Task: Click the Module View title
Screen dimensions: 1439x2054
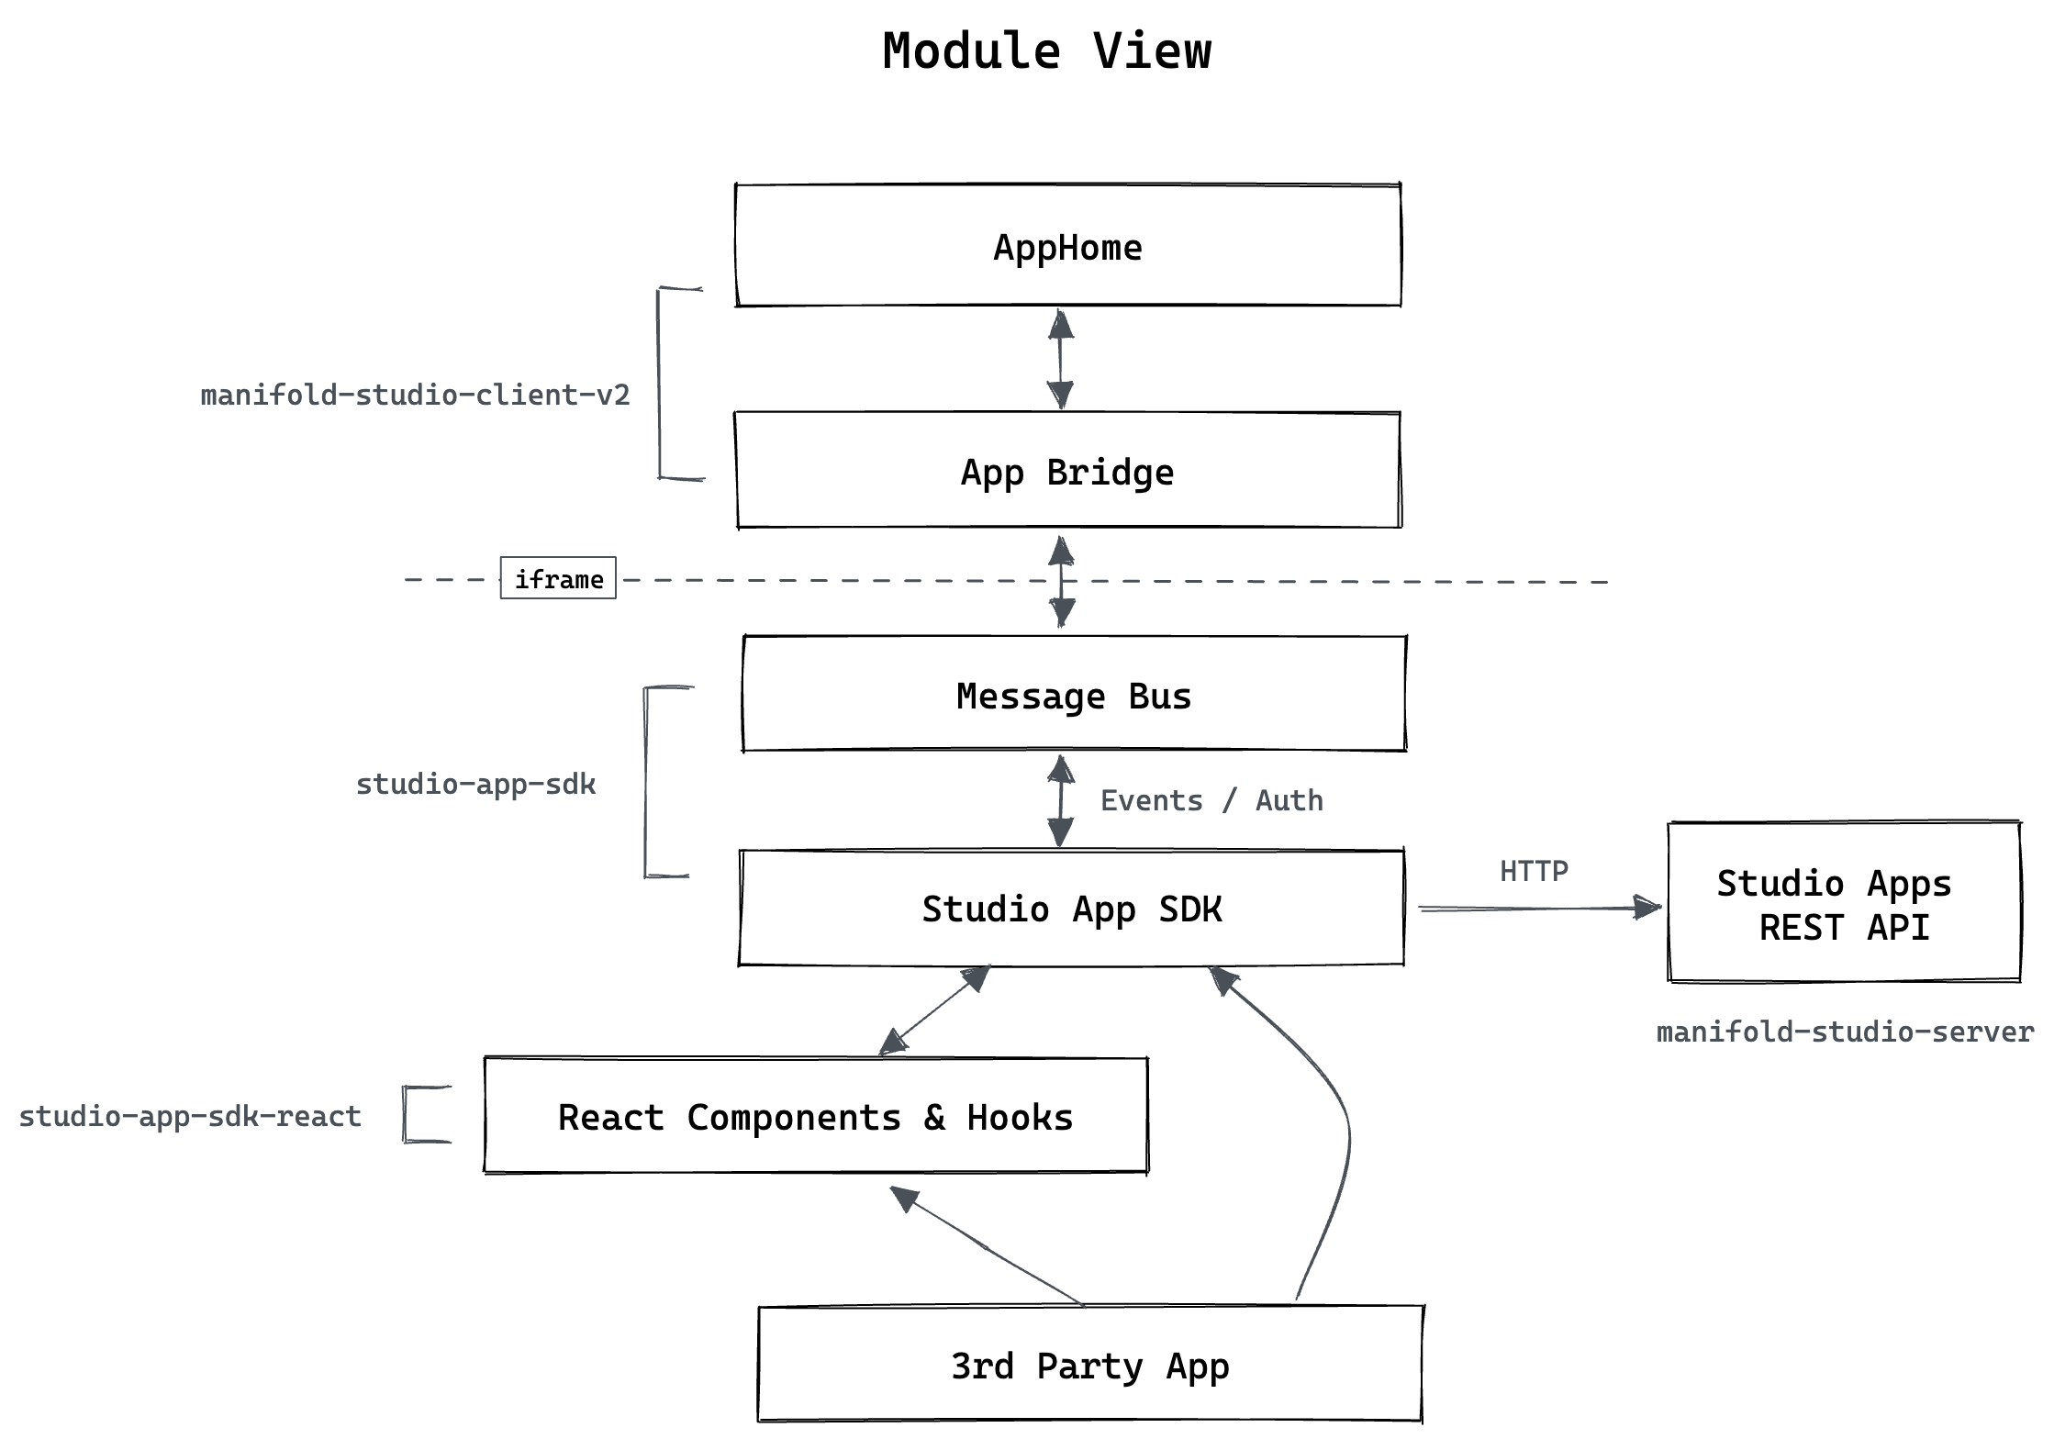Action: (x=1046, y=51)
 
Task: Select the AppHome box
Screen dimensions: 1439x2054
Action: (x=1067, y=246)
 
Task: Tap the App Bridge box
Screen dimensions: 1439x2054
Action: (x=1067, y=471)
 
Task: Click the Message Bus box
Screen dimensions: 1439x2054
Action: (x=1074, y=695)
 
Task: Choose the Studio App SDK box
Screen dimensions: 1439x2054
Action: (x=1071, y=909)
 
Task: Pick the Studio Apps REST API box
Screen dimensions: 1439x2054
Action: (x=1844, y=903)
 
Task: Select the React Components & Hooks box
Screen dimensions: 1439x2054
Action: (x=815, y=1116)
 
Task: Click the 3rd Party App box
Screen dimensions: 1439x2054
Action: (x=1089, y=1365)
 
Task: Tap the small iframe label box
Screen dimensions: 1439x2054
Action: (x=558, y=578)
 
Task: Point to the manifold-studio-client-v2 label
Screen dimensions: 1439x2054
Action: (x=415, y=395)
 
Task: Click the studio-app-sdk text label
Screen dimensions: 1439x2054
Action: (x=475, y=784)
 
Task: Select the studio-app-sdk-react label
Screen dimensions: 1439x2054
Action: (x=190, y=1116)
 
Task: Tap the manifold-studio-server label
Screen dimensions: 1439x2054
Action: (x=1845, y=1032)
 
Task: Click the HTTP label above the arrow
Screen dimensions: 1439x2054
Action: (x=1534, y=870)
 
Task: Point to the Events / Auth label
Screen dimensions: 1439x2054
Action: (x=1211, y=800)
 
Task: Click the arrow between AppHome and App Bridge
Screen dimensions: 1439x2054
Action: (x=1061, y=359)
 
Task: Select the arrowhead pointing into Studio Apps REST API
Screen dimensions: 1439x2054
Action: (x=1648, y=909)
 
